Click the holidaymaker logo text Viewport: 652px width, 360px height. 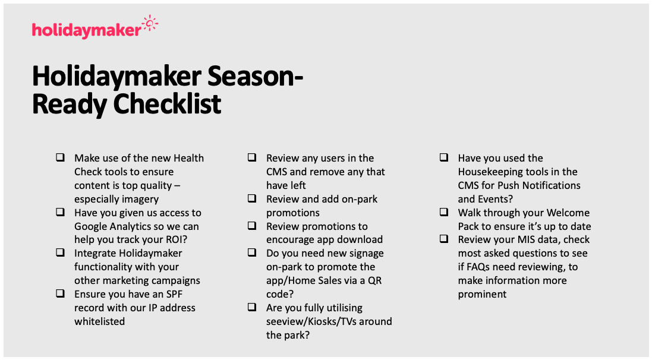(86, 30)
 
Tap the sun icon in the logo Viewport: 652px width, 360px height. (150, 24)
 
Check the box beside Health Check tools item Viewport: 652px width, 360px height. (61, 157)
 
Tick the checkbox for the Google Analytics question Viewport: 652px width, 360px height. (61, 212)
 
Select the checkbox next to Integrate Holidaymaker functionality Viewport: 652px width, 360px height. (61, 252)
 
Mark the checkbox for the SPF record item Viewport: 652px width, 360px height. (61, 293)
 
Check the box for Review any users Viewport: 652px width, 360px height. (253, 157)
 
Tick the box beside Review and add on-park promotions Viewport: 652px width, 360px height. (253, 198)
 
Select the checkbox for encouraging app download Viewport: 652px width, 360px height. (253, 226)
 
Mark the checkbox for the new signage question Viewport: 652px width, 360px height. (253, 252)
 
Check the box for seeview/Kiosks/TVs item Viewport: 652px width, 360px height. (253, 307)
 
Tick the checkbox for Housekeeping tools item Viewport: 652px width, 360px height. (444, 157)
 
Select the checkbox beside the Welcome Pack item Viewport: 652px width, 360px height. (444, 212)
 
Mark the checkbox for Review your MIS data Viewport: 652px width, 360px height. (444, 239)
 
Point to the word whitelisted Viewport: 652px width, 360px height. (99, 321)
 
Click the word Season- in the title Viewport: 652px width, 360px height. (258, 77)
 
